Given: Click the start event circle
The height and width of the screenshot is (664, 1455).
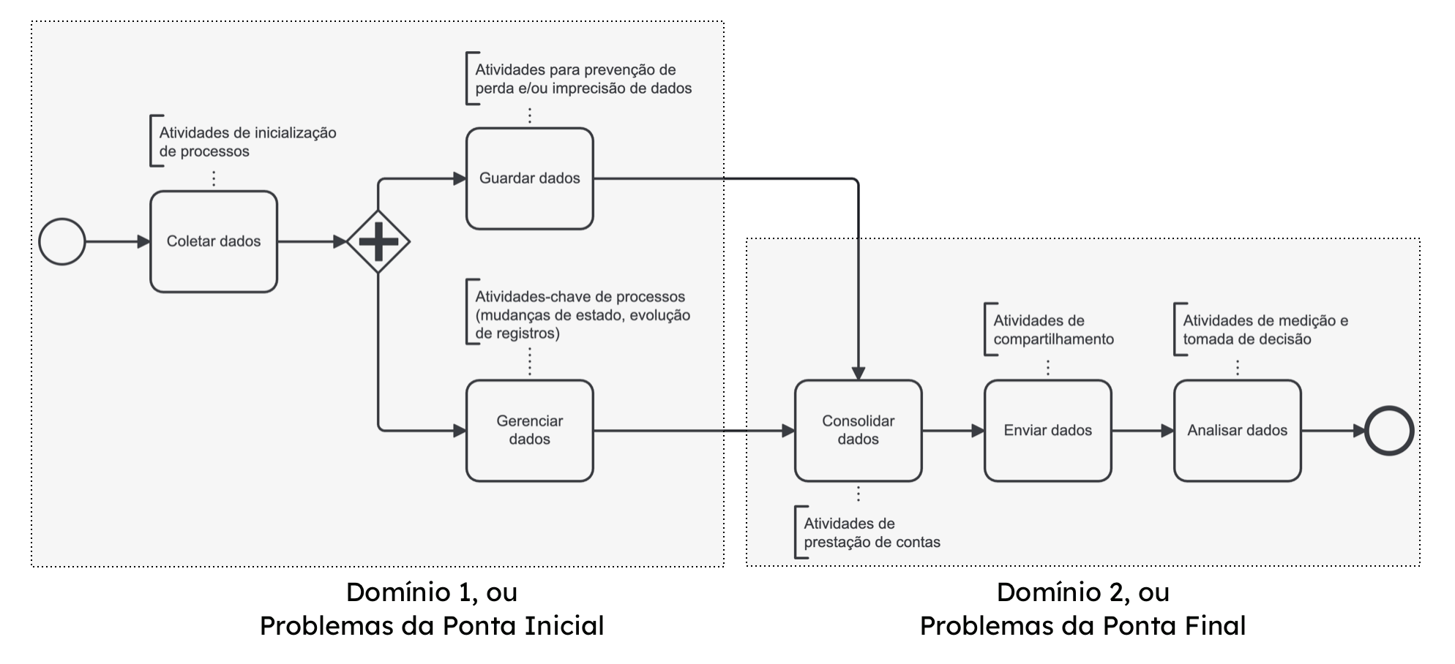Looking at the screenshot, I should click(62, 241).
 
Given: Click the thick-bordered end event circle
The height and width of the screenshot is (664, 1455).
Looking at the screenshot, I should click(1388, 431).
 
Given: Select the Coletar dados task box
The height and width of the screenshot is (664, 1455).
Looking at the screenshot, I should click(214, 241).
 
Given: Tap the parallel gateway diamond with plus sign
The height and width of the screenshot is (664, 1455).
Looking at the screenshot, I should click(378, 241).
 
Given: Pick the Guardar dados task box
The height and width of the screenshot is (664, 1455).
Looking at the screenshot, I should click(529, 178).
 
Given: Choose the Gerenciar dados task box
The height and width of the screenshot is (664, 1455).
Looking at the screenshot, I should click(529, 430).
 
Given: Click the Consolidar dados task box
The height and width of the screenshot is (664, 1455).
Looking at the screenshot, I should click(858, 430).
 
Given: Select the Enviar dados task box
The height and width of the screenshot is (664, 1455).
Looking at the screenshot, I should click(1047, 430).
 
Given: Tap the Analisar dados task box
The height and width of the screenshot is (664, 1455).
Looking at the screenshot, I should click(1237, 430).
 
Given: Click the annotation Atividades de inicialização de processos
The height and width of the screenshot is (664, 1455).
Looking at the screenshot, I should click(247, 142).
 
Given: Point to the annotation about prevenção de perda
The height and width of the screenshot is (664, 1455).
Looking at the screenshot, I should click(583, 79).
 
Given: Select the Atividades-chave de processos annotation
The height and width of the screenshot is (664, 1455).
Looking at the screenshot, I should click(582, 314).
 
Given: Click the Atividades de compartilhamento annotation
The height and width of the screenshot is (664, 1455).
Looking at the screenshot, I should click(1052, 330).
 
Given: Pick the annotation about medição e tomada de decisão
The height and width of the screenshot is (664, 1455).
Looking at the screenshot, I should click(1265, 330).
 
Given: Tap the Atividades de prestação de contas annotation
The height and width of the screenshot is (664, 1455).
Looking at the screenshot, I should click(871, 532).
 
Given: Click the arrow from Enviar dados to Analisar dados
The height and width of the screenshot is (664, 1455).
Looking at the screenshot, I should click(1142, 431).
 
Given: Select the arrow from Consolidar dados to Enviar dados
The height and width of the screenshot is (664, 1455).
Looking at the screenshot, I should click(952, 431).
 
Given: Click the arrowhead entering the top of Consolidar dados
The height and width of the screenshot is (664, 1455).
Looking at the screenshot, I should click(859, 373).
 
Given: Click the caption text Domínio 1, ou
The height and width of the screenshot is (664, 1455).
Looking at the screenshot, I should click(431, 592).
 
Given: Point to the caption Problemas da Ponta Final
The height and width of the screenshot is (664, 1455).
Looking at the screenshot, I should click(1082, 626).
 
